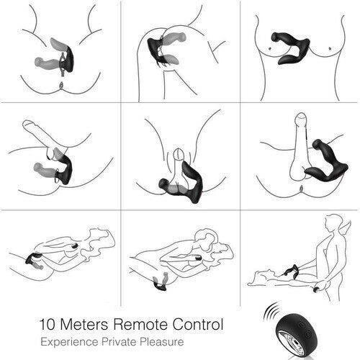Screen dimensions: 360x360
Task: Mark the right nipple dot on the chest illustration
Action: tap(330, 48)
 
